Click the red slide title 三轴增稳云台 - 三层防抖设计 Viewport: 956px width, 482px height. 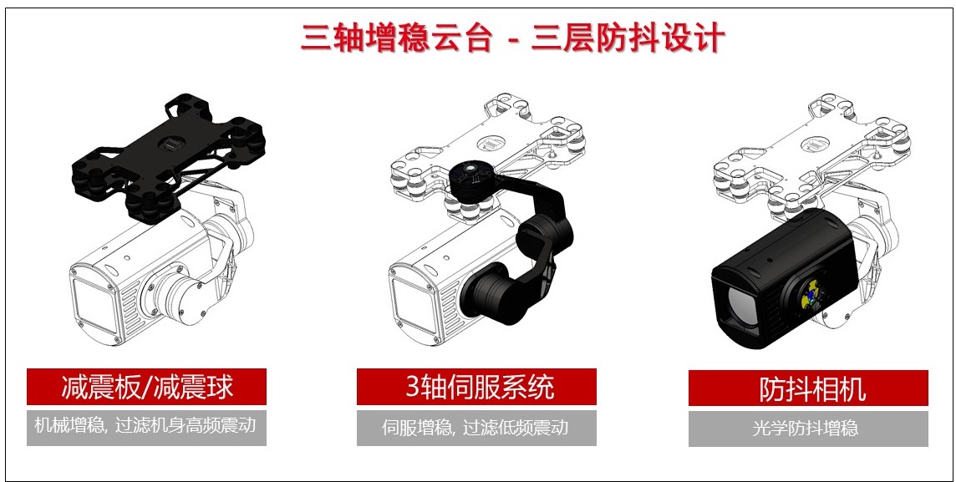513,38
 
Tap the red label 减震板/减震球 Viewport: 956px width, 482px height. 146,387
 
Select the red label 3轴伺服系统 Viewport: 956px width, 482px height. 476,387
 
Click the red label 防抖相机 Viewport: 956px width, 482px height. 808,388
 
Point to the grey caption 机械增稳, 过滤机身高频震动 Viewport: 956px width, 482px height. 146,425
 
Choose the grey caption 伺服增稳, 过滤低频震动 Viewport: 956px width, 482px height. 476,427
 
